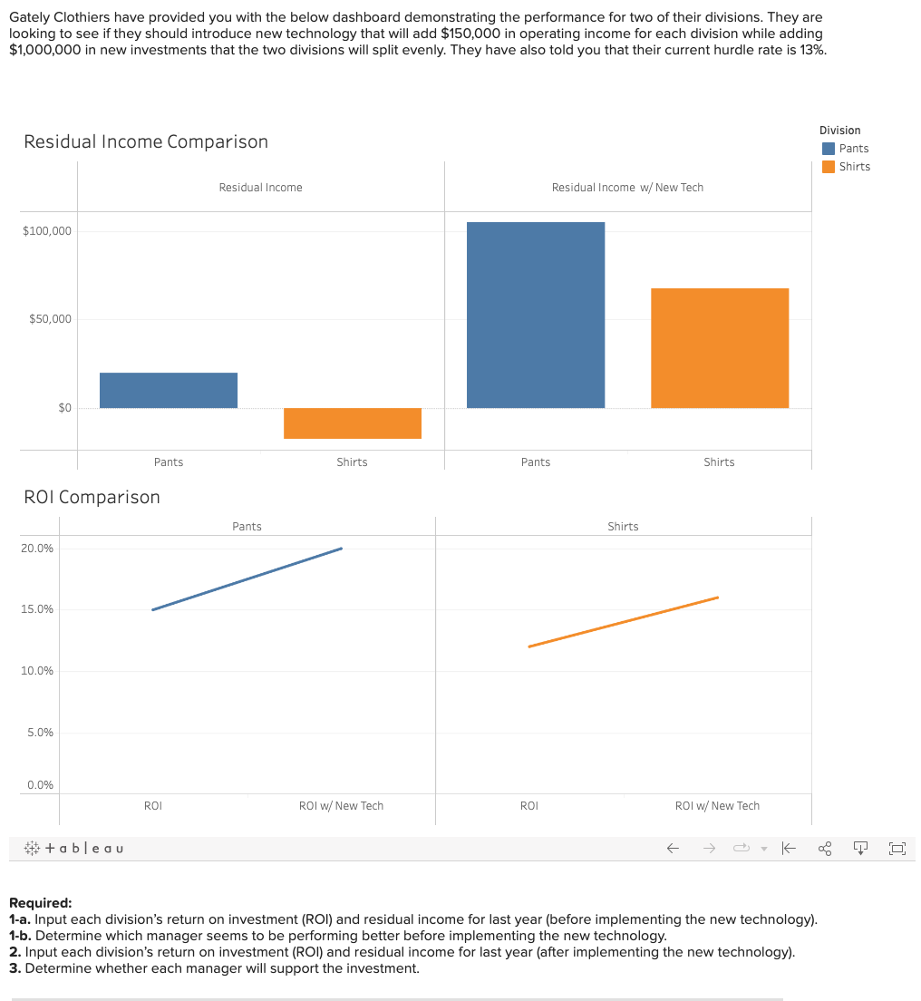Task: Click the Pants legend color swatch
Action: (x=828, y=149)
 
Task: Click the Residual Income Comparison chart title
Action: (x=146, y=141)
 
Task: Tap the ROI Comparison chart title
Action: (x=92, y=497)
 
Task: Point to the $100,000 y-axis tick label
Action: (x=47, y=231)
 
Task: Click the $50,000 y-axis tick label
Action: (x=51, y=319)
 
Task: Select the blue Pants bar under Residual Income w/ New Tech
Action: (x=535, y=315)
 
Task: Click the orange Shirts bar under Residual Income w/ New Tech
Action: (x=719, y=347)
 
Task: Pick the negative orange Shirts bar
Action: (x=352, y=423)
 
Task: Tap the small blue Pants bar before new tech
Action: (x=169, y=390)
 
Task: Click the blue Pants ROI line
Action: (x=247, y=578)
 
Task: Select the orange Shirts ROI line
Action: (x=623, y=622)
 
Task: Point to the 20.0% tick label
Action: (x=37, y=549)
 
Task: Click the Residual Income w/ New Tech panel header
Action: (x=627, y=188)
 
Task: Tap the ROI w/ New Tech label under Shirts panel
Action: (x=717, y=806)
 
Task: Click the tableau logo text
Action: (x=84, y=849)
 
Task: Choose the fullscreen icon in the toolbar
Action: (x=897, y=850)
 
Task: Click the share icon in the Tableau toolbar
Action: (x=824, y=850)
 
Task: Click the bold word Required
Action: (x=40, y=903)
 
